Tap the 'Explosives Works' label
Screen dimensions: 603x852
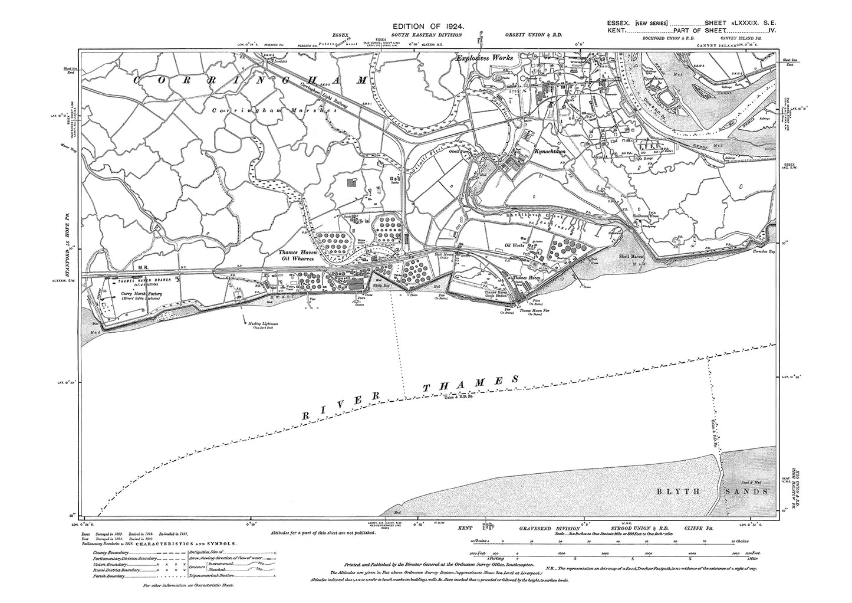pos(486,59)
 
